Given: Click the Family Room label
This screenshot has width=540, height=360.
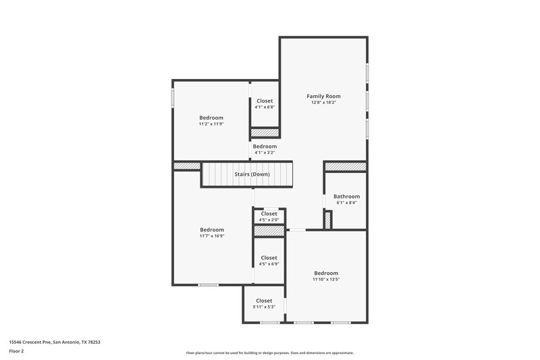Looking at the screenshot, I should [323, 97].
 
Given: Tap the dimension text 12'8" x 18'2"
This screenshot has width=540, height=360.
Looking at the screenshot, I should [323, 103].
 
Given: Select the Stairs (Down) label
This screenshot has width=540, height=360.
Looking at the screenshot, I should [252, 174].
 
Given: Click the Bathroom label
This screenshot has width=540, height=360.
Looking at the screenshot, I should [346, 197].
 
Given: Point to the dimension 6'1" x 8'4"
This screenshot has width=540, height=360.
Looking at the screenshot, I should [346, 203].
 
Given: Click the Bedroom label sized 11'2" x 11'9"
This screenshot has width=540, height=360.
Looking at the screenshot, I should [211, 118].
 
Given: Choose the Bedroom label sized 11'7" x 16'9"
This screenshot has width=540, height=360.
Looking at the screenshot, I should [211, 230].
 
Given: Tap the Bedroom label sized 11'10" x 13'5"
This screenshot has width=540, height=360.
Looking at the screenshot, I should [325, 273].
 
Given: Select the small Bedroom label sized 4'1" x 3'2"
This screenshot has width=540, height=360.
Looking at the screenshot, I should [265, 147].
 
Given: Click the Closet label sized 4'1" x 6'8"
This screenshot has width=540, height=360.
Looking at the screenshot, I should [265, 101].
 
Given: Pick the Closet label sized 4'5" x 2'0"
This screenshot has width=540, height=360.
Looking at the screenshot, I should [269, 213].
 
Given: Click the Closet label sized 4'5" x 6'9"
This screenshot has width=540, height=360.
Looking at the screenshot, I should [269, 257].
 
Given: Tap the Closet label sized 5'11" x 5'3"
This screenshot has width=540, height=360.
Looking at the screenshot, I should [264, 301].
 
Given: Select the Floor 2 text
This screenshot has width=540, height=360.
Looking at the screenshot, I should [17, 351].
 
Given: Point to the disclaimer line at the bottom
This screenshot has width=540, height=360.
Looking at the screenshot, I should [269, 353].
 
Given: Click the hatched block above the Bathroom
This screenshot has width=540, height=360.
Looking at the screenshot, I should [346, 166].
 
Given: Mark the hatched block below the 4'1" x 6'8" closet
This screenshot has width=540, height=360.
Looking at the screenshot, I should [265, 132].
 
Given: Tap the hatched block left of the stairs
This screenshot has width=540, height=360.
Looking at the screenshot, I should [186, 166].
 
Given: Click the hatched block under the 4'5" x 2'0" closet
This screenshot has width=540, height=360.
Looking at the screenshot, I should [269, 231].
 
